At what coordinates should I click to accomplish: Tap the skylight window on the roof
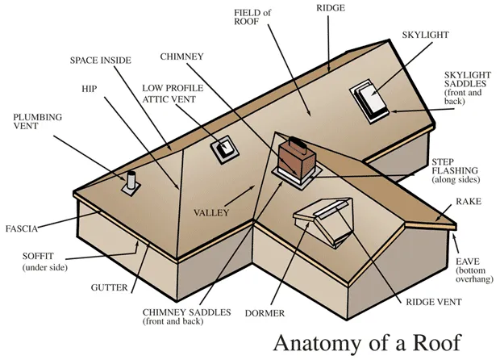(367, 100)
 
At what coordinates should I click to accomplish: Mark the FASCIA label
(22, 228)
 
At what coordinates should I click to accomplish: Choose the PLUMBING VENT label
(36, 121)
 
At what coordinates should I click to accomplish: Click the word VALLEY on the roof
(211, 212)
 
